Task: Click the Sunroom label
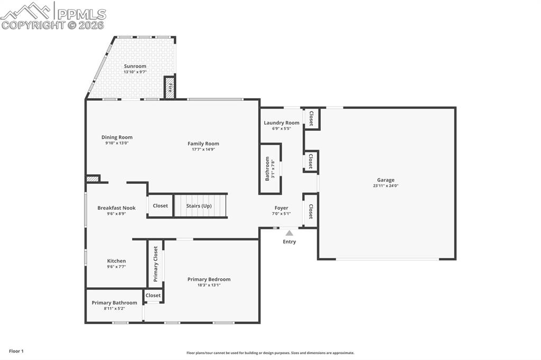(135, 66)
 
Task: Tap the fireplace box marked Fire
(170, 88)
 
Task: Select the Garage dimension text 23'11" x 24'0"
(386, 186)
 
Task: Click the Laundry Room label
(282, 122)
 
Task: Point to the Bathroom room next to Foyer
(270, 169)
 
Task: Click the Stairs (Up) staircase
(200, 205)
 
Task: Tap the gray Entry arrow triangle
(289, 233)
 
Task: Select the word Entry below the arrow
(289, 242)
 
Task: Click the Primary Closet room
(156, 264)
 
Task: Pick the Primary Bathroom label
(114, 302)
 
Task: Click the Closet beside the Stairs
(160, 206)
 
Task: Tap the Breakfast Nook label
(116, 208)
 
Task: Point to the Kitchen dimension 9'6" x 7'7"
(116, 267)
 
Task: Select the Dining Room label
(117, 137)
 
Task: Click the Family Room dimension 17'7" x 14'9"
(203, 149)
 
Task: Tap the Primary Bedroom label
(209, 279)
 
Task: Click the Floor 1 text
(16, 351)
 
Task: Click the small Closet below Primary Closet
(153, 296)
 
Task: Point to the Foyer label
(281, 208)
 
